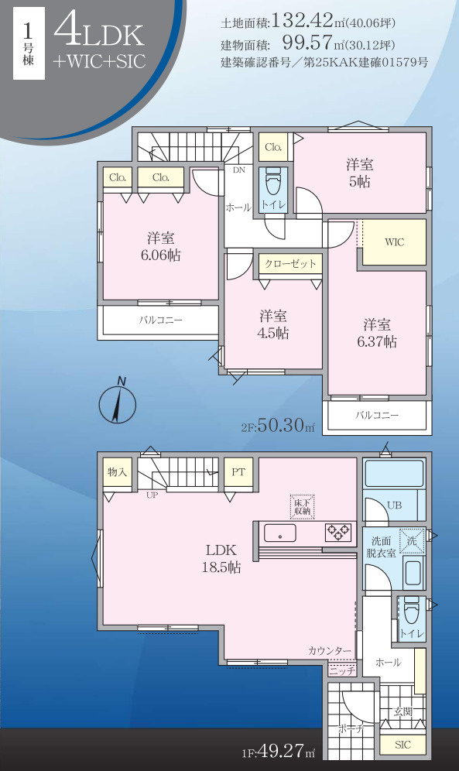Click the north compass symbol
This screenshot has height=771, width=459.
click(x=118, y=403)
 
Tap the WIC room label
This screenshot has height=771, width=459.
click(x=394, y=242)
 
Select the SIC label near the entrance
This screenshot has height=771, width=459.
click(x=402, y=745)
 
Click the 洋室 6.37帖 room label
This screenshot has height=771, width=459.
click(x=377, y=333)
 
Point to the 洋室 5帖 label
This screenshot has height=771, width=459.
click(x=360, y=172)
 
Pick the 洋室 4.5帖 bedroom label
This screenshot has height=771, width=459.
click(x=273, y=324)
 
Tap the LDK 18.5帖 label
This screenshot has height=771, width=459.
click(x=222, y=558)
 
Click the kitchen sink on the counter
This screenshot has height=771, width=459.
click(x=279, y=533)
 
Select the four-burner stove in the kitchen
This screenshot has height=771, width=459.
click(x=338, y=532)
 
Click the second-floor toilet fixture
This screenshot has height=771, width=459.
click(x=272, y=183)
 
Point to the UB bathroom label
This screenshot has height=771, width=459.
click(x=394, y=505)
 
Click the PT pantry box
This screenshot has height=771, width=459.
click(x=238, y=471)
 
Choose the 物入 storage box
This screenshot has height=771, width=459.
click(x=117, y=471)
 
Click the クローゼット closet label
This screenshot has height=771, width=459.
click(x=290, y=263)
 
